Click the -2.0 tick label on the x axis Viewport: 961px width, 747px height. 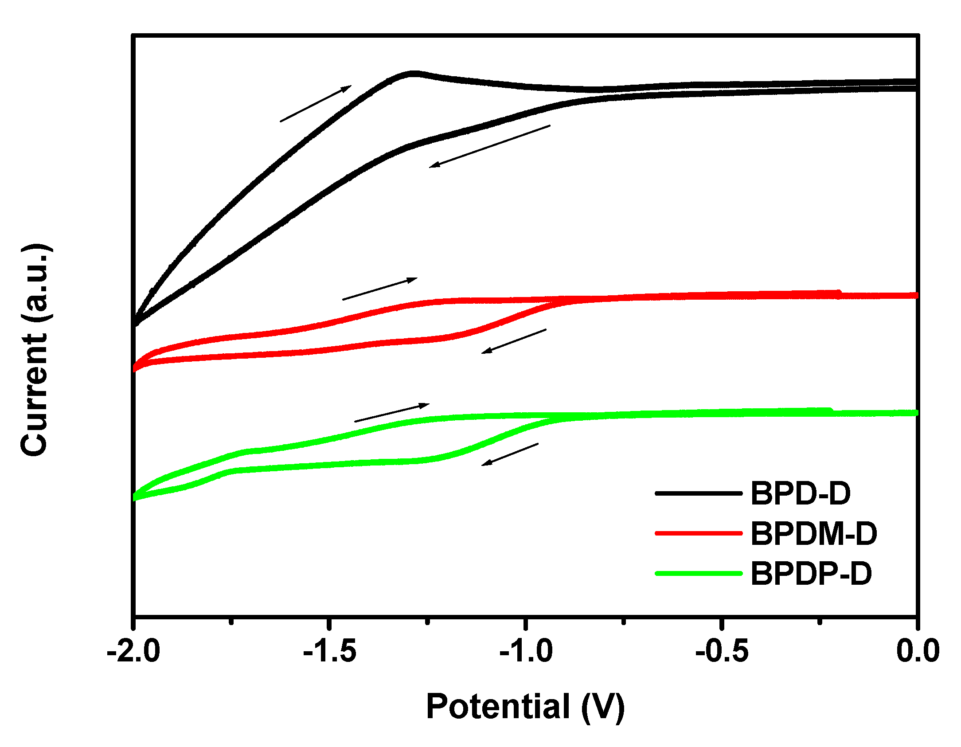pos(133,651)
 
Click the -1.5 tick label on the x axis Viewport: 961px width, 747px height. pos(330,651)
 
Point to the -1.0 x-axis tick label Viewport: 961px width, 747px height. pos(526,651)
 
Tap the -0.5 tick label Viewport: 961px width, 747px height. pos(722,651)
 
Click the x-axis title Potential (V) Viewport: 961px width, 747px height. pos(525,707)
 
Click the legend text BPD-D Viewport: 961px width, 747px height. pos(801,493)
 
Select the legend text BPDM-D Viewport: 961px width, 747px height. pos(814,533)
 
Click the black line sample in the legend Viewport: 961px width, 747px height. pos(699,493)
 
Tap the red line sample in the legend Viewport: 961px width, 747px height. pos(699,533)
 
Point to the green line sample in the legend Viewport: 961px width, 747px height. pos(699,574)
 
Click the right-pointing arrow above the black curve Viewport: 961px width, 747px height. pos(316,103)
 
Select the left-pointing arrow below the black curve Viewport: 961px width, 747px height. pos(489,146)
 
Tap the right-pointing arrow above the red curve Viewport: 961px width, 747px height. pos(380,289)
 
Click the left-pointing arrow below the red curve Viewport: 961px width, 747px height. pos(514,341)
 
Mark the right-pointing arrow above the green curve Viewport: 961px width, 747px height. pos(392,413)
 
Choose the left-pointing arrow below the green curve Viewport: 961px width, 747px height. pos(510,454)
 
